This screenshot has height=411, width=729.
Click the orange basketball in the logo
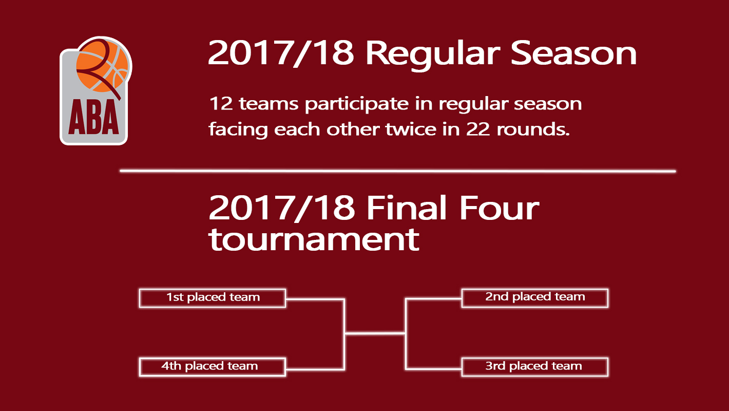click(103, 65)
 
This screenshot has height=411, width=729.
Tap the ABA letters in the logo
click(94, 117)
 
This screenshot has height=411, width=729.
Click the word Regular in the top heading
click(433, 54)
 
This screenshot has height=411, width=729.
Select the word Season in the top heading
click(573, 53)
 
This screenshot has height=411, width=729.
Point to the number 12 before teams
click(221, 104)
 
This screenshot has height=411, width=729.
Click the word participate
click(357, 104)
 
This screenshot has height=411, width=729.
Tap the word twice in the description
click(411, 129)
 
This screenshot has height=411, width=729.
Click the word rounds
click(533, 129)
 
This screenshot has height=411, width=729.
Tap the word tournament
click(314, 239)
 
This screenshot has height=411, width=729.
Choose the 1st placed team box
click(213, 298)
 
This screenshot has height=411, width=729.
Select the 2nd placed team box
click(535, 298)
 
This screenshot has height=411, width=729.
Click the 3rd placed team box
click(535, 367)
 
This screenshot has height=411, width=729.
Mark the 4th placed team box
click(213, 367)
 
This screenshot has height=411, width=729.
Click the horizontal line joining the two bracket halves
click(375, 333)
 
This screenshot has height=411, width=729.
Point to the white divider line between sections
click(398, 171)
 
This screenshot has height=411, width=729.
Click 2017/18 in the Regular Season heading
click(281, 53)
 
